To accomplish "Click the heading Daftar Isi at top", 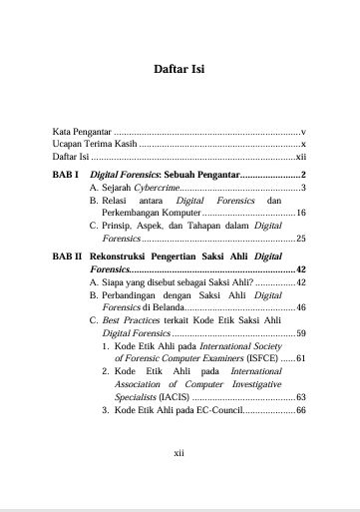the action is click(180, 71).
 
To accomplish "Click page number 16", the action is click(300, 214).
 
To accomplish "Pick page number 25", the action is click(300, 240).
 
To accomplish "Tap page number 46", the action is click(300, 308).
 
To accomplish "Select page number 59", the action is click(300, 333).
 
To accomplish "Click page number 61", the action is click(300, 357).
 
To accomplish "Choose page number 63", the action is click(300, 396).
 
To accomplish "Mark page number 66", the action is click(300, 410).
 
